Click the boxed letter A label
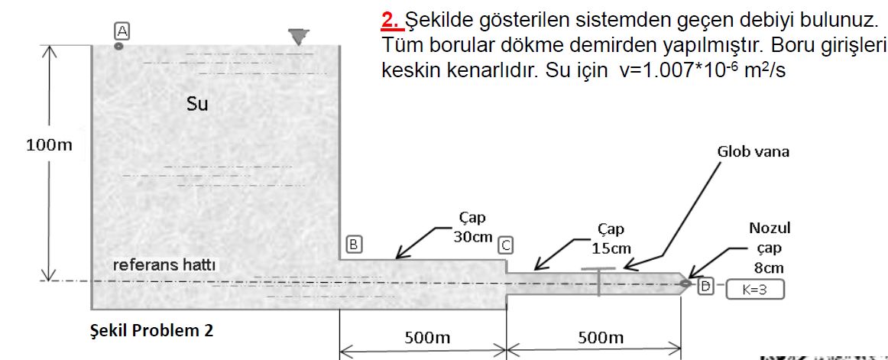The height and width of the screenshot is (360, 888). (x=120, y=30)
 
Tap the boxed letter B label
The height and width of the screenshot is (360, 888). (x=353, y=245)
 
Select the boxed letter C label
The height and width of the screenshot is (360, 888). (x=505, y=245)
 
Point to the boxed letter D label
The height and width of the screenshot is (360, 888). (x=705, y=287)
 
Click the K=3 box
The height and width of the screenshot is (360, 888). (x=754, y=290)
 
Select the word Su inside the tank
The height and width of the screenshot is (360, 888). (x=197, y=103)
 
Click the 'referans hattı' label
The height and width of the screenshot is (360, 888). (x=164, y=265)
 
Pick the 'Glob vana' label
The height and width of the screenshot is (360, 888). (x=753, y=151)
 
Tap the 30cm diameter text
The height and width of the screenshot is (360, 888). (x=473, y=237)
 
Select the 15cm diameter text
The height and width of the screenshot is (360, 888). (x=611, y=248)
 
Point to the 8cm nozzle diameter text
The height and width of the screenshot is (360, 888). (x=769, y=268)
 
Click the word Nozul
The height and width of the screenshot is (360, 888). (x=770, y=228)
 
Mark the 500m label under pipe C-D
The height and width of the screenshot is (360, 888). (x=601, y=337)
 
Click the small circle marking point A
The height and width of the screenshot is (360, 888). (x=118, y=46)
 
